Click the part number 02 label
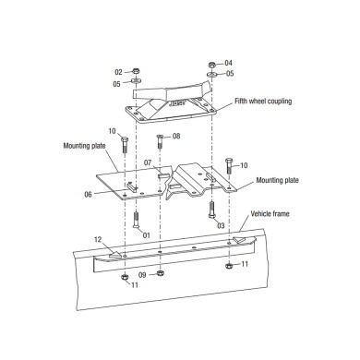pos(119,72)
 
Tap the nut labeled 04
pos(211,65)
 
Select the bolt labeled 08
pos(160,142)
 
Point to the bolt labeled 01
pos(136,220)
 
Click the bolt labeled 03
pos(212,210)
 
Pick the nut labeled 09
pos(160,272)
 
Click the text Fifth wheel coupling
pos(263,101)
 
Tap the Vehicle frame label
pos(270,213)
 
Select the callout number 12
pos(98,239)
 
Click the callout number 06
pos(88,195)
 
